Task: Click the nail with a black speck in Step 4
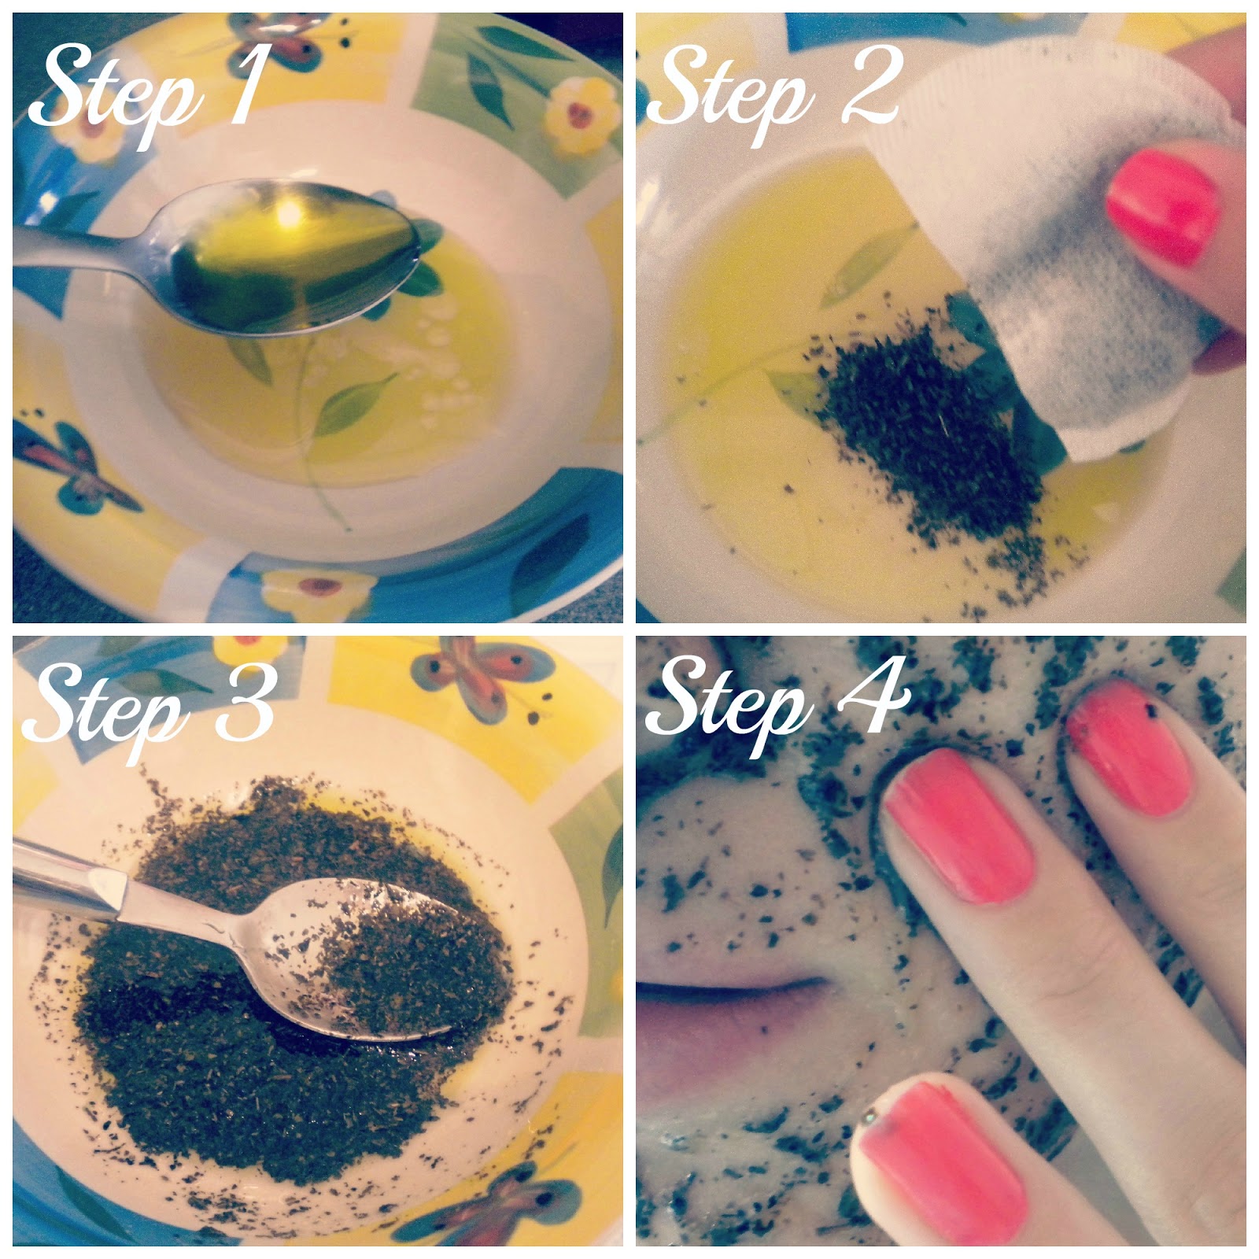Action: tap(1129, 751)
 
